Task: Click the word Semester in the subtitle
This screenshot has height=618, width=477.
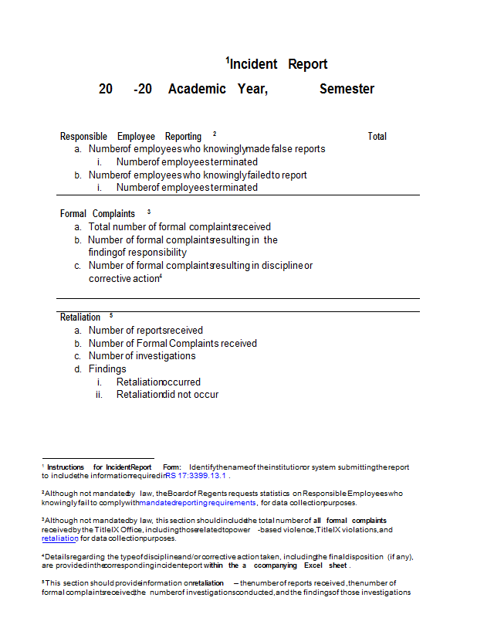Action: coord(347,89)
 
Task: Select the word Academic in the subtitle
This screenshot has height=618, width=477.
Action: coord(197,89)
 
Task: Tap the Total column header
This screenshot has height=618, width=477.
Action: coord(377,136)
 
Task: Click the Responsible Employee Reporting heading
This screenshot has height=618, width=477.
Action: coord(130,136)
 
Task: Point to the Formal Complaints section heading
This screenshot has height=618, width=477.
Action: coord(97,213)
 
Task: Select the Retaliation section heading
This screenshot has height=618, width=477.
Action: coord(80,317)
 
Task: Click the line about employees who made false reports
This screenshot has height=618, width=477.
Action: coord(206,148)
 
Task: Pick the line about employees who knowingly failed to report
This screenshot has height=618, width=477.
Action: coord(198,175)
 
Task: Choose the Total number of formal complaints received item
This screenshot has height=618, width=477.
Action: coord(179,227)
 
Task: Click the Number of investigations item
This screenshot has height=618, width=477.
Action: coord(142,356)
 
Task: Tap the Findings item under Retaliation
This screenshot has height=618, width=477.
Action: coord(107,369)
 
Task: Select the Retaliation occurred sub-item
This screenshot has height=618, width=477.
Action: coord(158,382)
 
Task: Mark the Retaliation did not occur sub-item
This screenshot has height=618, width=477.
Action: coord(167,395)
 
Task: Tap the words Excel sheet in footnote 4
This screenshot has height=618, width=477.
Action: coord(326,565)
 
